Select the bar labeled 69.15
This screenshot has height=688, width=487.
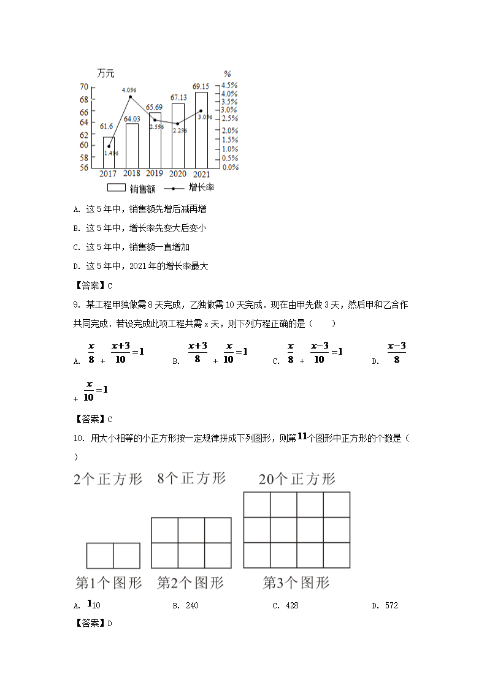pyautogui.click(x=201, y=129)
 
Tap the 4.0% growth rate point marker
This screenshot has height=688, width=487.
pyautogui.click(x=130, y=97)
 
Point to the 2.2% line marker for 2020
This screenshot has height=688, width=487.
pyautogui.click(x=178, y=124)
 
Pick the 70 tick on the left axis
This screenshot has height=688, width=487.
pyautogui.click(x=83, y=87)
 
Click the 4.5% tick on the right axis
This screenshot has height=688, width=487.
pyautogui.click(x=229, y=85)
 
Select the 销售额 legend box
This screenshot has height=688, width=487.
pyautogui.click(x=116, y=187)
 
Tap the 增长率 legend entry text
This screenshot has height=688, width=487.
pyautogui.click(x=201, y=187)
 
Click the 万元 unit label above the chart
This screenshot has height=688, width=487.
pyautogui.click(x=105, y=74)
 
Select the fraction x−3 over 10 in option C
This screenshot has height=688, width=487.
pyautogui.click(x=319, y=353)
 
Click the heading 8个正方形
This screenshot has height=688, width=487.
pyautogui.click(x=191, y=478)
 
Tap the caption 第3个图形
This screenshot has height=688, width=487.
pyautogui.click(x=296, y=583)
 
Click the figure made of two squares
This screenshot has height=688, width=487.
pyautogui.click(x=113, y=556)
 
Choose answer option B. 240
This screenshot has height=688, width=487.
pyautogui.click(x=186, y=606)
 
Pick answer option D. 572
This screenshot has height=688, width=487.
pyautogui.click(x=386, y=606)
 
